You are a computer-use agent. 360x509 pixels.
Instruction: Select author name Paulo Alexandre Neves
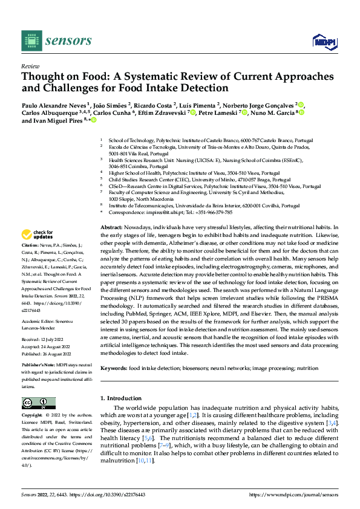[x=54, y=105]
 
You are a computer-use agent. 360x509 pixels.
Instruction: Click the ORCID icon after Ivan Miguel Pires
[x=94, y=120]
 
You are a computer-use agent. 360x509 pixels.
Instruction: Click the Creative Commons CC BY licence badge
[x=38, y=403]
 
